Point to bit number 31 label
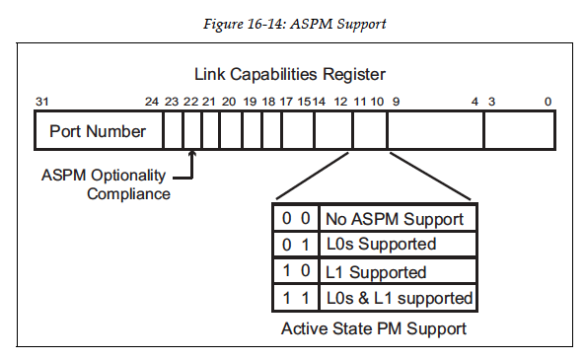click(41, 102)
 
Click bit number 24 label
click(151, 102)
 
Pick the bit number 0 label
click(548, 102)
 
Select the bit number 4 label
click(475, 102)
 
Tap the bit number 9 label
click(396, 102)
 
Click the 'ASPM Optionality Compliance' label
click(106, 184)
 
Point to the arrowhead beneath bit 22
click(192, 154)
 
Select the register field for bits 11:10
click(370, 130)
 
